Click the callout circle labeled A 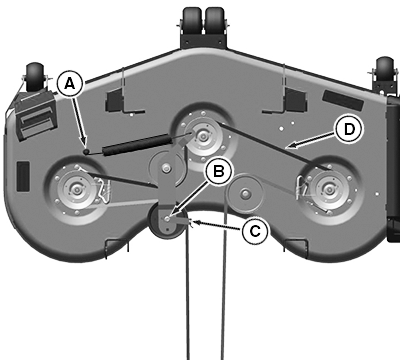coord(69,84)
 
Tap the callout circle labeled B coord(219,171)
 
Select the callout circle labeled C coord(255,231)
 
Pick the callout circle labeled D coord(349,129)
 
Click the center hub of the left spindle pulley coord(76,190)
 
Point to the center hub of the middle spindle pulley coord(202,136)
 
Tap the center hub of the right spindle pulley coord(329,190)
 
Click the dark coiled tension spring coord(138,144)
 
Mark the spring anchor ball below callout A coord(86,152)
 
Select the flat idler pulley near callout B coord(245,193)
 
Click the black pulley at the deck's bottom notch coord(168,221)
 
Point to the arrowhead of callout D coord(289,146)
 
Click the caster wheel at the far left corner coord(35,76)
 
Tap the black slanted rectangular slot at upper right coord(343,99)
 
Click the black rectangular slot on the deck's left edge coord(23,176)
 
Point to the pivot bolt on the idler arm coord(165,169)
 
